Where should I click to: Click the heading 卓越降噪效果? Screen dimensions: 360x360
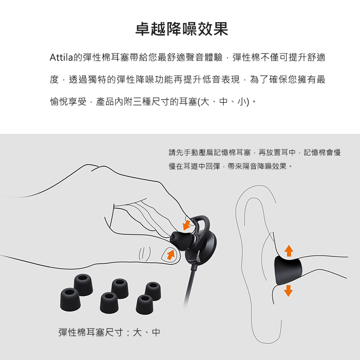181,29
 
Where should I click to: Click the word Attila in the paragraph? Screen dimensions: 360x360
61,57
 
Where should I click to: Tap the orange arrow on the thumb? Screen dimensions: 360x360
171,255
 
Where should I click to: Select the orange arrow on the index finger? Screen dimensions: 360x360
187,225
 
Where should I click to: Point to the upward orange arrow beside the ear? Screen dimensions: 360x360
288,251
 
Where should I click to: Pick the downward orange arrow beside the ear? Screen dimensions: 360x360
288,290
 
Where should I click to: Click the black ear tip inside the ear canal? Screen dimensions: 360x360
288,270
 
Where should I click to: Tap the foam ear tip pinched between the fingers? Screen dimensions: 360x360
181,240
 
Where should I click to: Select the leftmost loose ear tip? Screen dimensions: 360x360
70,300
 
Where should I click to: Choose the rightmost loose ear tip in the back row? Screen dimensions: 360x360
153,291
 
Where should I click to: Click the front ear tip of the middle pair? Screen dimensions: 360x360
109,303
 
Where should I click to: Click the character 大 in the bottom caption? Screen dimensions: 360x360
137,332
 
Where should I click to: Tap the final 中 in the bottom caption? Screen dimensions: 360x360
156,332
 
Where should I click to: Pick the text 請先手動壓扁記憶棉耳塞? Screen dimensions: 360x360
210,152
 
